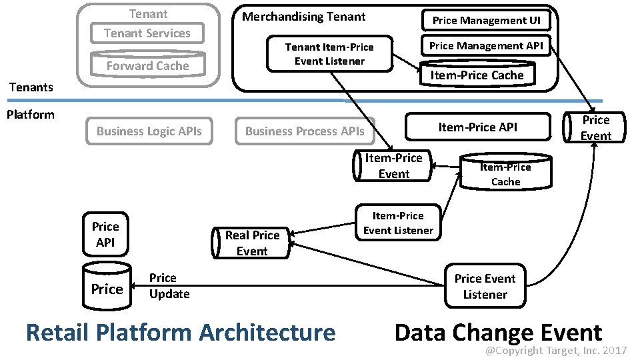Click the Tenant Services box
[x=147, y=33]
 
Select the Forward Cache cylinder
[x=148, y=65]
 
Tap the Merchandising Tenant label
[x=303, y=17]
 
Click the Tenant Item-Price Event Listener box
[x=329, y=54]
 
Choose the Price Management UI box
[x=486, y=21]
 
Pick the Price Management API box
[x=486, y=46]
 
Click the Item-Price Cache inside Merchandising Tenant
[x=477, y=75]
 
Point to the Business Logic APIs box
[x=149, y=131]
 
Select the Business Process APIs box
[x=305, y=131]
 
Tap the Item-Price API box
[x=477, y=127]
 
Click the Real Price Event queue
[x=251, y=243]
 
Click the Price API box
[x=105, y=235]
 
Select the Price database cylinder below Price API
[x=107, y=289]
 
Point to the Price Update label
[x=169, y=286]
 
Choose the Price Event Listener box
[x=485, y=287]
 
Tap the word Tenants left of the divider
[x=31, y=87]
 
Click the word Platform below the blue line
[x=30, y=114]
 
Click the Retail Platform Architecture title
[x=180, y=332]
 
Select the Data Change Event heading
[x=498, y=332]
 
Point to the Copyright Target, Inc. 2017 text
[x=555, y=350]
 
